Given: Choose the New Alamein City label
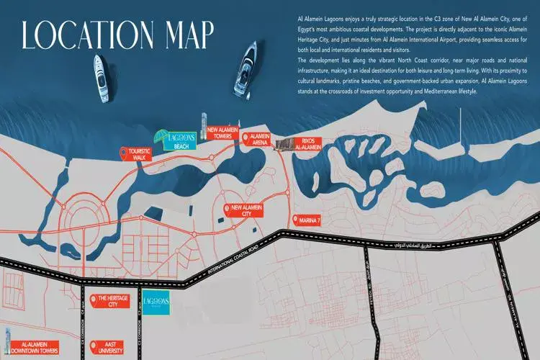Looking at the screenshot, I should (246, 211).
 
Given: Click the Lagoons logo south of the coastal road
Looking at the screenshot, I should (156, 303).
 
